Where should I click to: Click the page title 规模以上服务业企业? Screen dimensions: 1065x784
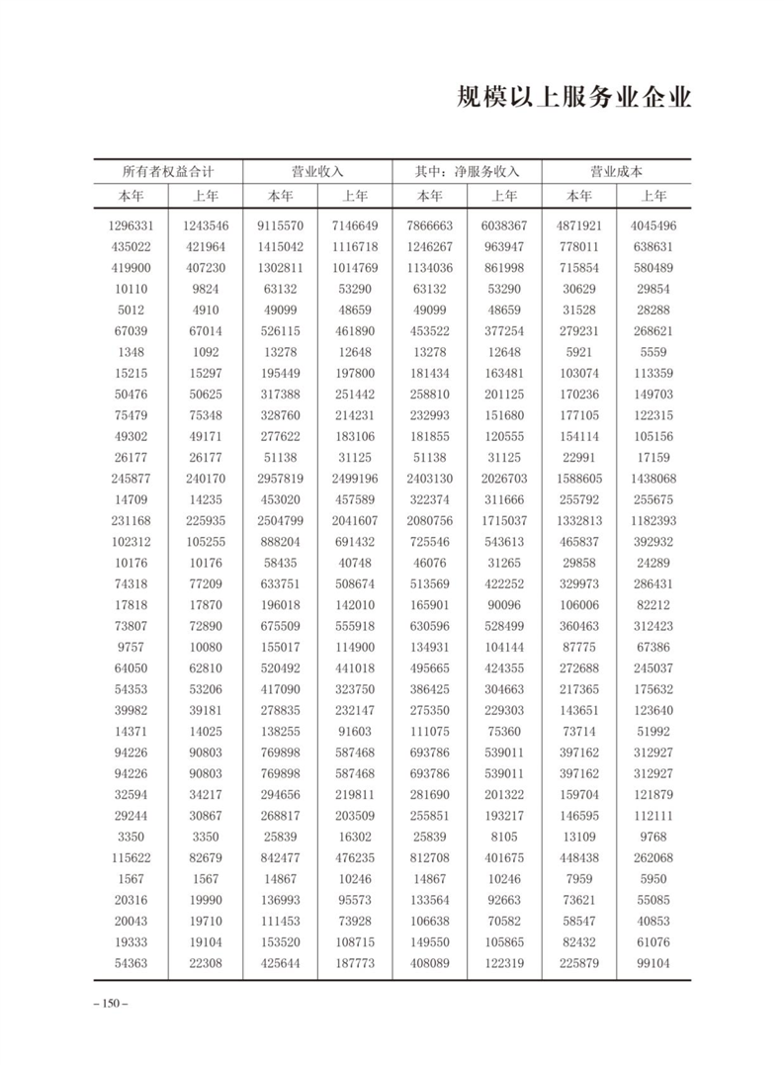tap(574, 100)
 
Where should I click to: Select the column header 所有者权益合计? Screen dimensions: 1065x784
tap(167, 171)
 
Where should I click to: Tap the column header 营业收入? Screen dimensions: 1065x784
tap(317, 171)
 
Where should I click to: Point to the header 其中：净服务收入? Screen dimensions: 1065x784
tap(467, 171)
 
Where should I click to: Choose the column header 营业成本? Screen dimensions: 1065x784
tap(616, 171)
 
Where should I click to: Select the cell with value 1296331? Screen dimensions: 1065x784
tap(131, 225)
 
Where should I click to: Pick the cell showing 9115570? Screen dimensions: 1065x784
tap(280, 225)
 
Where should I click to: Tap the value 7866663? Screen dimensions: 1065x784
tap(429, 225)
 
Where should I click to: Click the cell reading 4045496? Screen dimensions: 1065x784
tap(653, 225)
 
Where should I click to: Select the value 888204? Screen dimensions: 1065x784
tap(280, 542)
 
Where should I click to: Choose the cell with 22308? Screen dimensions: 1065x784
tap(205, 963)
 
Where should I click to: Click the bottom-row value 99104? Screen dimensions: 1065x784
tap(653, 963)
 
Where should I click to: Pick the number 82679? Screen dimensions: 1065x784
tap(205, 857)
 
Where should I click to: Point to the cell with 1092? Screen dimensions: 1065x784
tap(205, 352)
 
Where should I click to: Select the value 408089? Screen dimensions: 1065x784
tap(429, 963)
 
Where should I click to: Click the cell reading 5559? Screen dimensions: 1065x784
tap(653, 352)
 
